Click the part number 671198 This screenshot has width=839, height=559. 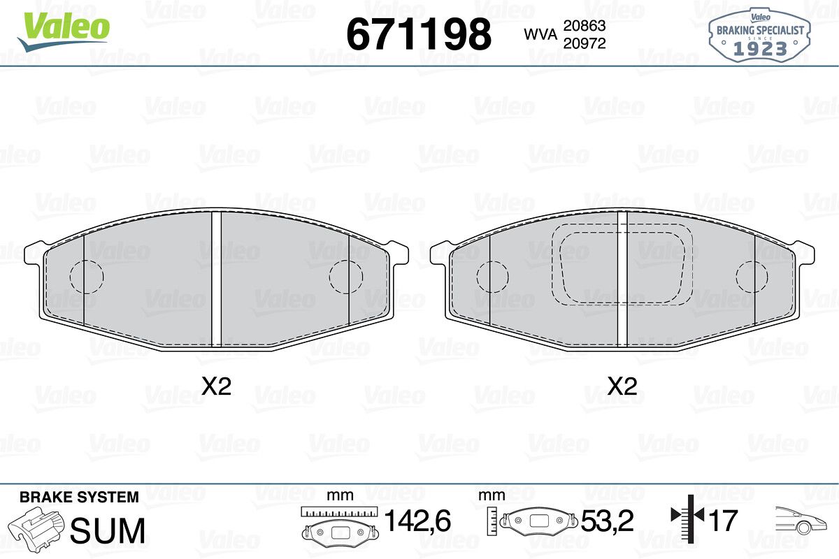[419, 34]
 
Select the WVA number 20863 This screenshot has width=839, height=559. [585, 25]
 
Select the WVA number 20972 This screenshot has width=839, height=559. [585, 43]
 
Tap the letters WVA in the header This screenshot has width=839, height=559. [540, 34]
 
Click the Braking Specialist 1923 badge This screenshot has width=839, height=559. [759, 36]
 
